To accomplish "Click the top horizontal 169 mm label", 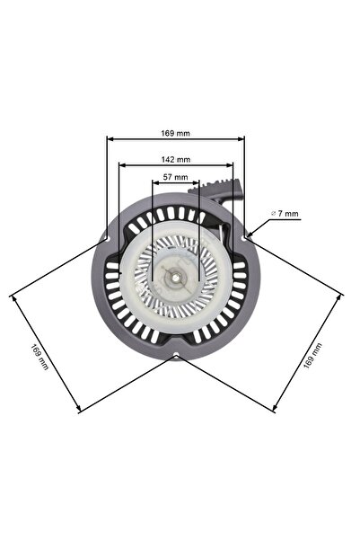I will click(175, 133).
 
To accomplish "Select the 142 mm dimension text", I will click(175, 159).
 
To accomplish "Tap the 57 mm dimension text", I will click(175, 177).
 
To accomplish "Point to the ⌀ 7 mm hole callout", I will click(285, 214).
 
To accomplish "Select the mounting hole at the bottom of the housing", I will click(176, 358).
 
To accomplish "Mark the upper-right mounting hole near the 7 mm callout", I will click(244, 235).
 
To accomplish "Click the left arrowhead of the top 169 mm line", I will click(110, 139).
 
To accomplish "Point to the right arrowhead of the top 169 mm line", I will click(242, 139).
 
